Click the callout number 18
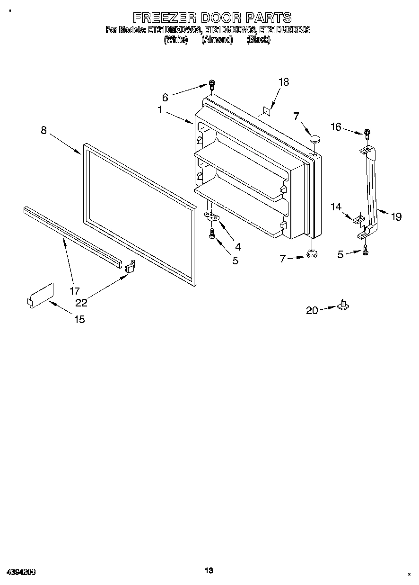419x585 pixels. [283, 82]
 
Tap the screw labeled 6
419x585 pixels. [212, 86]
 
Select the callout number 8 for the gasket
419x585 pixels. [44, 130]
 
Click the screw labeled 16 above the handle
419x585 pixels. [367, 134]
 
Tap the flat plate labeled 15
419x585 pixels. [41, 295]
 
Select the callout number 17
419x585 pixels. [75, 291]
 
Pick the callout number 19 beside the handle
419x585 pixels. [396, 216]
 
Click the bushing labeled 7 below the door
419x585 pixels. [311, 254]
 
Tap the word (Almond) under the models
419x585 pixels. [217, 40]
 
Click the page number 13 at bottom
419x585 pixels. [209, 571]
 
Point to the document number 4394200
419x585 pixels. [21, 572]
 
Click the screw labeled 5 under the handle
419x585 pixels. [365, 252]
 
